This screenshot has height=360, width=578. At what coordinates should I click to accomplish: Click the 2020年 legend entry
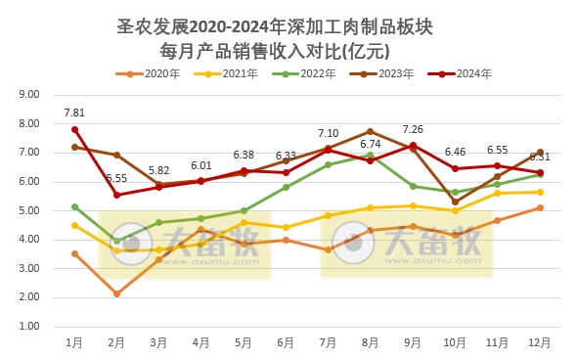tap(148, 73)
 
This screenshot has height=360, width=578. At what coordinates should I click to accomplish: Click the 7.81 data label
tap(74, 112)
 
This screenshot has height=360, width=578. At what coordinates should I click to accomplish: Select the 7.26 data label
tap(412, 129)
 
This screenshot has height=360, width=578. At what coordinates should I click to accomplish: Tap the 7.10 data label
tap(328, 133)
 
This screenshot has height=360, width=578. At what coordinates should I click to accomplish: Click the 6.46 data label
tap(455, 152)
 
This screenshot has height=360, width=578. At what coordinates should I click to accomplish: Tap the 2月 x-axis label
tap(116, 342)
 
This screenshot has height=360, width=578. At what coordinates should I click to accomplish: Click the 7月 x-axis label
tap(328, 342)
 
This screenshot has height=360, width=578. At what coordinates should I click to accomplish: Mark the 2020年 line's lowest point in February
tap(116, 293)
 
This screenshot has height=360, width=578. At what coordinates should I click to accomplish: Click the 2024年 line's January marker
tap(74, 129)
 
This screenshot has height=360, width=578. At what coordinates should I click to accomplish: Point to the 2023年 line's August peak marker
tap(370, 131)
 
